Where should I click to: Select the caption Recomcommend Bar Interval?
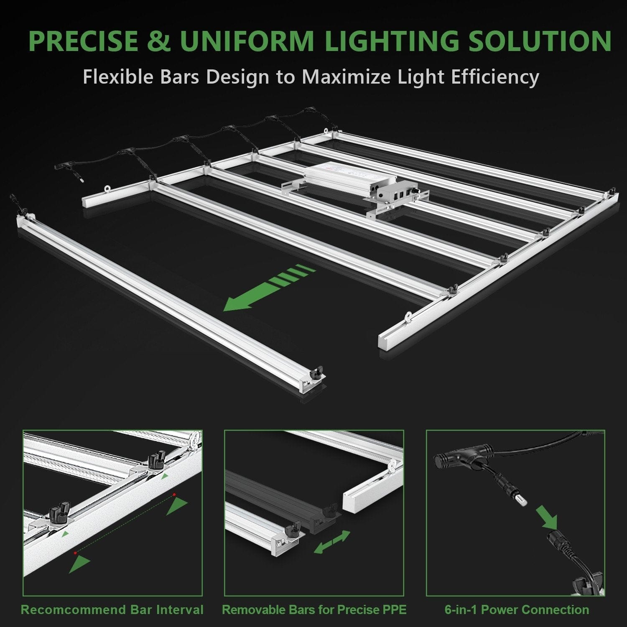pos(112,609)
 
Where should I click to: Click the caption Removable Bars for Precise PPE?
pos(314,609)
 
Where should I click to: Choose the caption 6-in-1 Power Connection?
pos(517,609)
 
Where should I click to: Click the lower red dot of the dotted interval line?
pos(76,553)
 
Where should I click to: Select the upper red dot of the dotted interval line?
pos(174,495)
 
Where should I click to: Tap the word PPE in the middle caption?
pos(395,609)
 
